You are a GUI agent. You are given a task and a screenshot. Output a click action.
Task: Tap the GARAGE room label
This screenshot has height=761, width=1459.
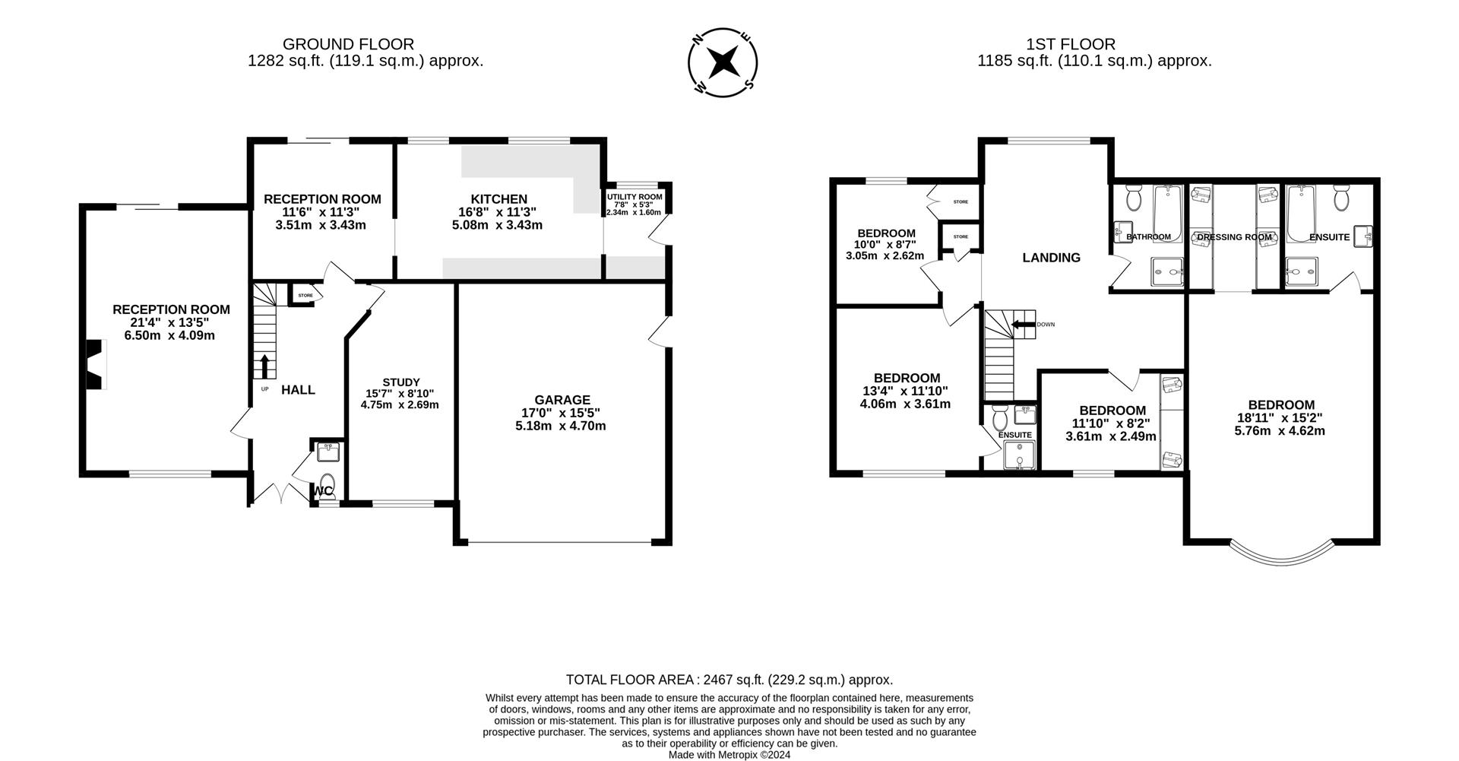(562, 400)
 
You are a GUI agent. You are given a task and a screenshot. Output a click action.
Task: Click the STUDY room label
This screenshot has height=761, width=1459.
(400, 382)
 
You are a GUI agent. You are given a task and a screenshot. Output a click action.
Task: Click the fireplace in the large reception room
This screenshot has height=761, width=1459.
(93, 364)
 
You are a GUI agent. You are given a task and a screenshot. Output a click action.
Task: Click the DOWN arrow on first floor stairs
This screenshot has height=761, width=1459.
(1024, 325)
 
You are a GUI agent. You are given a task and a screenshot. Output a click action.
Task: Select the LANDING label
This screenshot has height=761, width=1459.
(1051, 258)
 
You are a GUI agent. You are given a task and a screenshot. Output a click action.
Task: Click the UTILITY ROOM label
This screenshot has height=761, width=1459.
(635, 197)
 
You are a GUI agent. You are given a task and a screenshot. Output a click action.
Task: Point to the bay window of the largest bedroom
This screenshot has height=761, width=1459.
(1282, 556)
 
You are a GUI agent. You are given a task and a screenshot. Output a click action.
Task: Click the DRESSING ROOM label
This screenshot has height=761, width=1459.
(1234, 237)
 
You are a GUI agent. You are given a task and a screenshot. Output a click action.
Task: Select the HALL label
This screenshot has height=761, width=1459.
(298, 390)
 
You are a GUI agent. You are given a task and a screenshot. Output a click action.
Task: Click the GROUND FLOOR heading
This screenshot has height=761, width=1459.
(348, 44)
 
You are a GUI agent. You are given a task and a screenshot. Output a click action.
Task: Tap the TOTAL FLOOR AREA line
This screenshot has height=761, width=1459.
(729, 680)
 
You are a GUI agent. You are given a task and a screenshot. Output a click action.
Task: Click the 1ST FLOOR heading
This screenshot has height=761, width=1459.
(1070, 44)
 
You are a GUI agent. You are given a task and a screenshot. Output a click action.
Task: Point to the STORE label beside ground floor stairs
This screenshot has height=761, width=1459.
(305, 295)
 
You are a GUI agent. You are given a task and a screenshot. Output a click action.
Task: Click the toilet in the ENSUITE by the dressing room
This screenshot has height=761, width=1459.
(1341, 199)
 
